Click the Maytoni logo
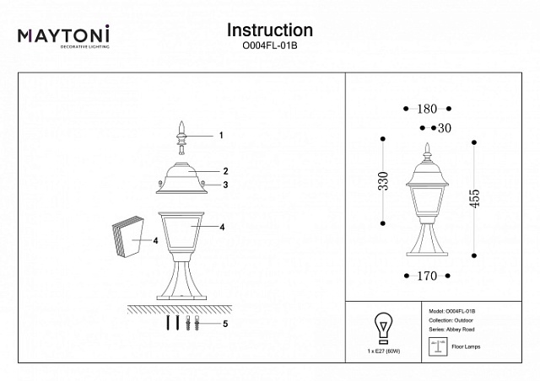point(64,36)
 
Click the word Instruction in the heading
point(270,30)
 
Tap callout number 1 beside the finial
point(220,135)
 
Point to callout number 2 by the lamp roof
point(226,171)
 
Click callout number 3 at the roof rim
point(226,185)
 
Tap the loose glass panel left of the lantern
point(129,239)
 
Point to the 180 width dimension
point(427,109)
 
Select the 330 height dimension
point(383,180)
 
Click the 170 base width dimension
point(426,273)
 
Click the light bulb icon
point(383,325)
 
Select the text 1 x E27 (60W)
point(383,348)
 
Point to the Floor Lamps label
point(469,346)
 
